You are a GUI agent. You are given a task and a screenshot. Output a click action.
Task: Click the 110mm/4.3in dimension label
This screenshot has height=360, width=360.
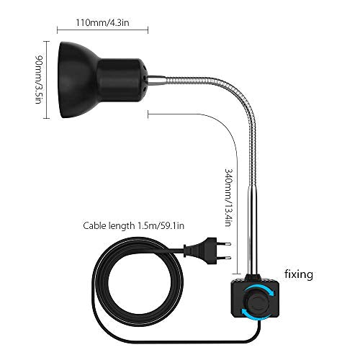[x=102, y=23]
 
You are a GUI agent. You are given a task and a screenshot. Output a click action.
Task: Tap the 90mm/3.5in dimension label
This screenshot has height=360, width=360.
[x=39, y=79]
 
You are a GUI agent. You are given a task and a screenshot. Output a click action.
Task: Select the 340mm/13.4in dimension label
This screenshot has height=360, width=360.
[x=228, y=197]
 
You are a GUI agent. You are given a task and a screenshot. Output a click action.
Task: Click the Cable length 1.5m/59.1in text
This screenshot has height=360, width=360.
[x=134, y=225]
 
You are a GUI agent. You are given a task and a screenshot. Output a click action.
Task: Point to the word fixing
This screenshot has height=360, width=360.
[x=299, y=274]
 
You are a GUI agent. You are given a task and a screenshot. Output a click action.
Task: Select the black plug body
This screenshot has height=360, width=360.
[x=200, y=251]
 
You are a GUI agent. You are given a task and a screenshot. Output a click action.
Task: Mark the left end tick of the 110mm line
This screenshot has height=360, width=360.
[x=58, y=30]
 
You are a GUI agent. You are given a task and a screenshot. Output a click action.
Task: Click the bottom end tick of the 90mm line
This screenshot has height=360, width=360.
[x=46, y=118]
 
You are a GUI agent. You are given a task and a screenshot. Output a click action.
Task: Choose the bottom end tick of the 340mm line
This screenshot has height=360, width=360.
[x=237, y=274]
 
